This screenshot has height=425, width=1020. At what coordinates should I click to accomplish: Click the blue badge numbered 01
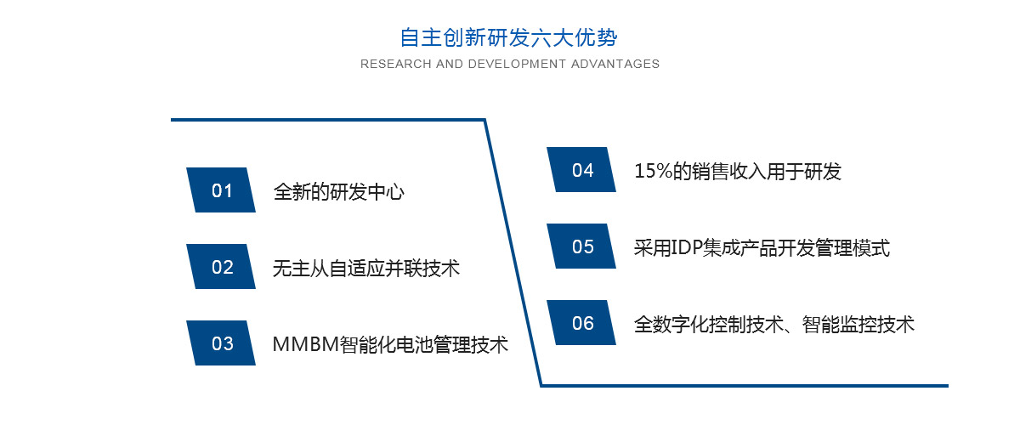[x=221, y=190]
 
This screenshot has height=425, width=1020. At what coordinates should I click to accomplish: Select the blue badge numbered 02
[x=221, y=267]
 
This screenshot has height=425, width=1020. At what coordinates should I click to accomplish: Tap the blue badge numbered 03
[x=221, y=343]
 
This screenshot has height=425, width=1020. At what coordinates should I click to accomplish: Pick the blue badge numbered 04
[x=581, y=169]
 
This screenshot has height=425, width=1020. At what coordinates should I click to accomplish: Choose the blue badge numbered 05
[x=581, y=246]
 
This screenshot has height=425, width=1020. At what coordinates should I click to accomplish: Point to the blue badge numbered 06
[x=581, y=322]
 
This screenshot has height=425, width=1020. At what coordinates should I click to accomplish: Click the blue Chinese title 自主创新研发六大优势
[x=508, y=37]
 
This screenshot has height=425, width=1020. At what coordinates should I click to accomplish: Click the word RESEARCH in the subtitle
[x=396, y=64]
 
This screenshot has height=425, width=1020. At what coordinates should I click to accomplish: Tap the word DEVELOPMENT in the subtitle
[x=518, y=64]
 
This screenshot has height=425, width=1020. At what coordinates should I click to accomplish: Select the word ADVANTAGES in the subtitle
[x=615, y=64]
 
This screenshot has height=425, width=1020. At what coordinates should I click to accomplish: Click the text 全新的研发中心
[x=339, y=192]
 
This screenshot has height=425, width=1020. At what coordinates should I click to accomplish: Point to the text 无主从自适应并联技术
[x=366, y=269]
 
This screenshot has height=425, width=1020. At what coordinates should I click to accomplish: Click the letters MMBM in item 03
[x=306, y=344]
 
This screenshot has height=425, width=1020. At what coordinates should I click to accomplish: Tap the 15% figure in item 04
[x=654, y=172]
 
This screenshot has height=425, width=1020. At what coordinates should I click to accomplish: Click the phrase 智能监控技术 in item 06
[x=858, y=325]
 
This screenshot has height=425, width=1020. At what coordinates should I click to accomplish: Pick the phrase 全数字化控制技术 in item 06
[x=709, y=325]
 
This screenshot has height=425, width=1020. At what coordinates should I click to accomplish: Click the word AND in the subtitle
[x=450, y=64]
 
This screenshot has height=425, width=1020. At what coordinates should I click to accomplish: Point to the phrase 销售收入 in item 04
[x=729, y=172]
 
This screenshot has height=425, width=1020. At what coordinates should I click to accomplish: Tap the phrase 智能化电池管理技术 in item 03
[x=424, y=345]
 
